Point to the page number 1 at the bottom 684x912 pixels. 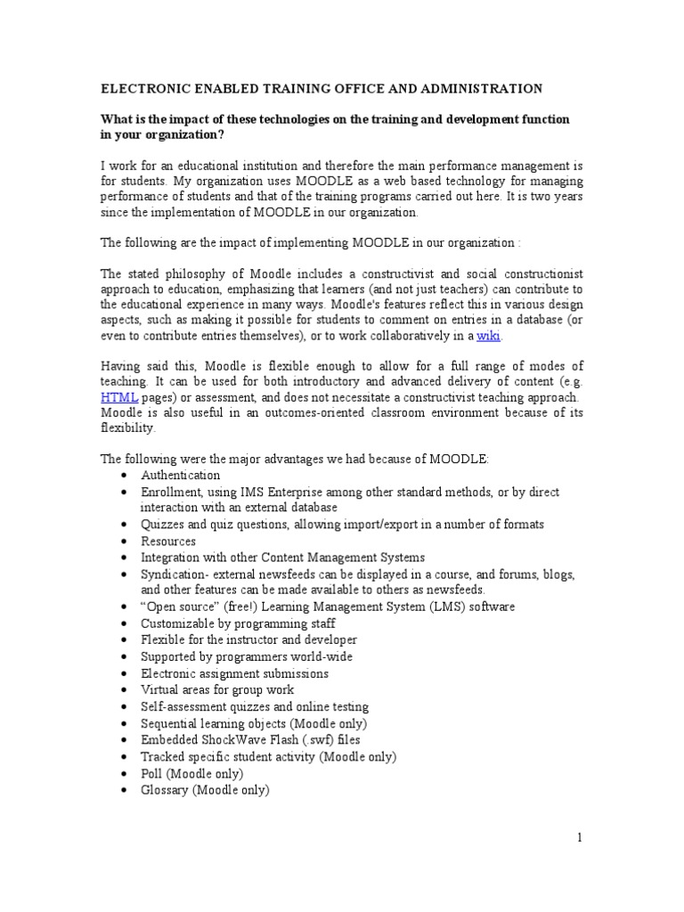578,837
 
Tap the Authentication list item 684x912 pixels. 180,476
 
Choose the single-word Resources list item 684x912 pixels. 168,541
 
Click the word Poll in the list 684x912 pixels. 152,773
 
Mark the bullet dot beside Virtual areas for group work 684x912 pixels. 122,690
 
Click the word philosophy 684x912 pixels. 200,273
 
